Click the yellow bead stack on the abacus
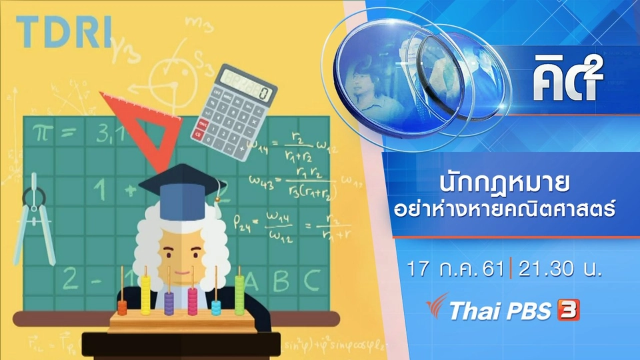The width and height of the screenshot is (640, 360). point(145,294)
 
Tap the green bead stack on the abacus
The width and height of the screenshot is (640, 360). point(239,294)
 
